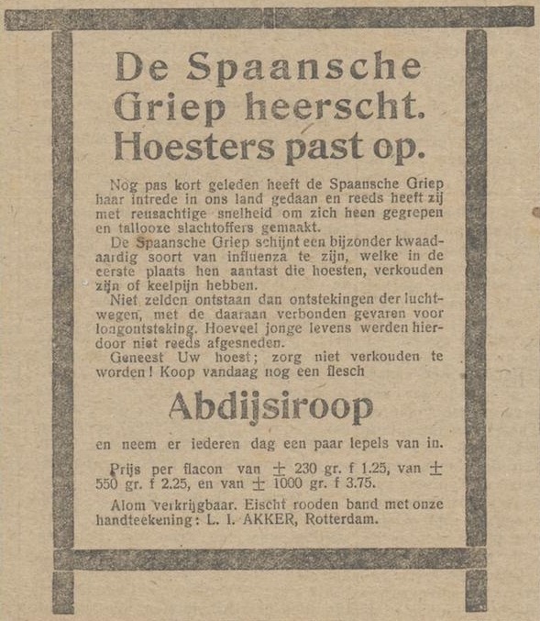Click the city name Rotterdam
point(342,520)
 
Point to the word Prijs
point(127,467)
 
